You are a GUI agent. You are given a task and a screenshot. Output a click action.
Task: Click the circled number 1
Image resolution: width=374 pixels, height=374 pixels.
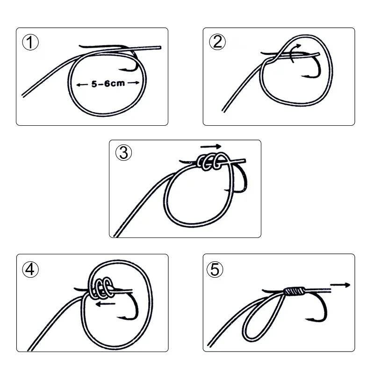pyautogui.click(x=30, y=43)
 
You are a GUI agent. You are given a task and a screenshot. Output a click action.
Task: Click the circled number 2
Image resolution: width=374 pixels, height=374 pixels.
pyautogui.click(x=217, y=43)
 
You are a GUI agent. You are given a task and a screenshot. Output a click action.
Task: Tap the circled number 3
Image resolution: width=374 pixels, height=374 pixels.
pyautogui.click(x=124, y=152)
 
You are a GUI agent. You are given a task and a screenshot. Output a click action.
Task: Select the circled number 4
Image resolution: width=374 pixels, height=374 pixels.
pyautogui.click(x=30, y=269)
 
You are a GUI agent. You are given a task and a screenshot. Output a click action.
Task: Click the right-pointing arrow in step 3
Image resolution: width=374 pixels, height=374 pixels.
pyautogui.click(x=213, y=146)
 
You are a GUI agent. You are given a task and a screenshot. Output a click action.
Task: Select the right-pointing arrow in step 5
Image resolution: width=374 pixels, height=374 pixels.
pyautogui.click(x=340, y=284)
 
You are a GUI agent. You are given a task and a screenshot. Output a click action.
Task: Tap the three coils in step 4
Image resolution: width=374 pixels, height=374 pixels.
pyautogui.click(x=100, y=287)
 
